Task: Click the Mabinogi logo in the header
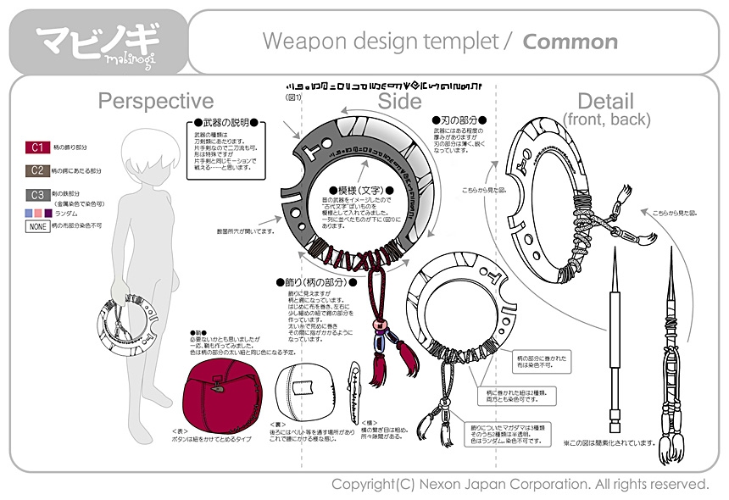(x=98, y=41)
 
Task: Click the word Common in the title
(x=570, y=42)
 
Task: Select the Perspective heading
(x=155, y=102)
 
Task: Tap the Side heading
(x=399, y=102)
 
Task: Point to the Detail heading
(x=605, y=101)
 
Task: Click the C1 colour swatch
(x=36, y=147)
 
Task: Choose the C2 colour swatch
(x=36, y=170)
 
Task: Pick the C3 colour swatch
(x=36, y=194)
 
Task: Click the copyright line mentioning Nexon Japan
(x=519, y=484)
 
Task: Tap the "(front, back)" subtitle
(x=605, y=119)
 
